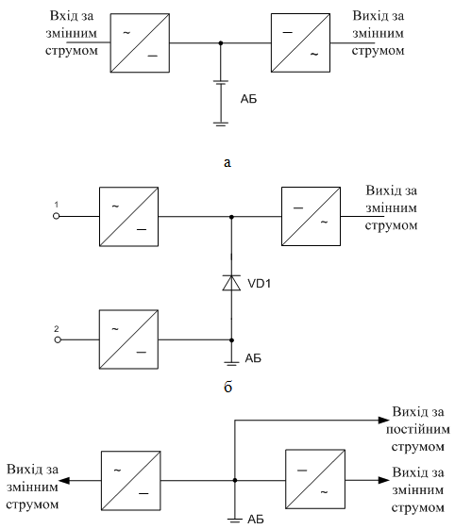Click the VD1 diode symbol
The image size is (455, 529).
(x=231, y=283)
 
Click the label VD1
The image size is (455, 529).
(x=260, y=284)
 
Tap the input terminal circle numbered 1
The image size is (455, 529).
(x=57, y=216)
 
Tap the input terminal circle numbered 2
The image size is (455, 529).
(x=58, y=339)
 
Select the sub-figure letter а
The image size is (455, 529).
(x=227, y=163)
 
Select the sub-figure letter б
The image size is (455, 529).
(x=228, y=387)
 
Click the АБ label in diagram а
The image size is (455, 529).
(x=248, y=99)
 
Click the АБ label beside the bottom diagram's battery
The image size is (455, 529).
(x=256, y=520)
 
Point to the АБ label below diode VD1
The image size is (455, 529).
(x=253, y=358)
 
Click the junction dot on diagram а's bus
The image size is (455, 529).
(x=221, y=42)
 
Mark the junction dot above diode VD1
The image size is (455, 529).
(x=231, y=217)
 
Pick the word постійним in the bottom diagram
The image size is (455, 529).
(x=418, y=430)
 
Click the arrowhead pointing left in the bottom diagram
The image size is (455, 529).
(x=64, y=480)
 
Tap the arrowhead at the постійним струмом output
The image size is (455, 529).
(x=384, y=421)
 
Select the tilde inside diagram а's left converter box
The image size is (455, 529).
(x=126, y=33)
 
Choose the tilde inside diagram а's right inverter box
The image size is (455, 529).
(x=314, y=54)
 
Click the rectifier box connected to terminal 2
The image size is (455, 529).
(x=128, y=339)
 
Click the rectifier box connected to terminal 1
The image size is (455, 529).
(x=128, y=217)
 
